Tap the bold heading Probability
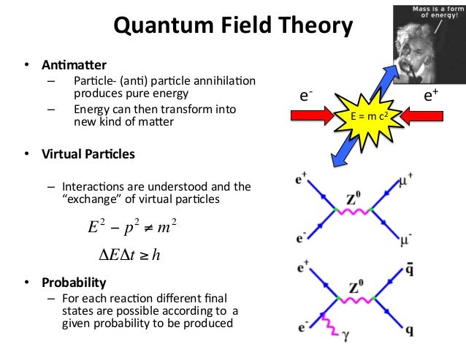tap(73, 282)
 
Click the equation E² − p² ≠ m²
tap(132, 228)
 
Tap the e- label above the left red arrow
tap(308, 96)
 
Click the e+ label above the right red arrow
tap(431, 96)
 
